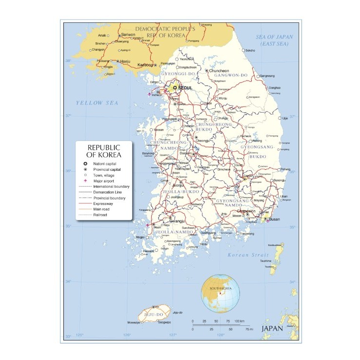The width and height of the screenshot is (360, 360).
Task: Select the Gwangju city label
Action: coord(179,220)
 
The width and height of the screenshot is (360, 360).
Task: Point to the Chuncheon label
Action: coord(219,71)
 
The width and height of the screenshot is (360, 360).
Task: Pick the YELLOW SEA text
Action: coord(97,103)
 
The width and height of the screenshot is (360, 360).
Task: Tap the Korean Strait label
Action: coord(245,255)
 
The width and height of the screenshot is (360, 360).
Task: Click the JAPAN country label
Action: coord(272,328)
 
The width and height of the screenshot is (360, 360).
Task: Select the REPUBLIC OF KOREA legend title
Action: coord(104,151)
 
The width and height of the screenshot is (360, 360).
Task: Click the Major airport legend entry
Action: coord(104,181)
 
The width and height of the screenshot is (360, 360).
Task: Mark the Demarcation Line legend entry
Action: coord(107,192)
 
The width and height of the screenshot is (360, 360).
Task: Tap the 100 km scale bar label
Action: coord(239,321)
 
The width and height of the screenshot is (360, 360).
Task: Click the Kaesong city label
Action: coord(146,65)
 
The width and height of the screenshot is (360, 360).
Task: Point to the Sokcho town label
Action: coord(250,50)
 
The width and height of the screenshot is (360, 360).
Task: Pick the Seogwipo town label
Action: coord(164,322)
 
